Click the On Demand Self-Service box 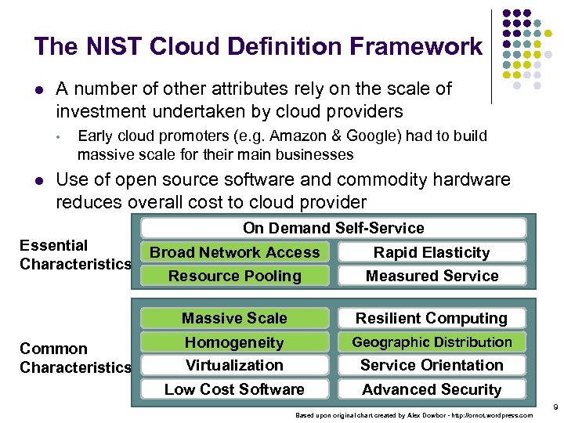[x=333, y=228]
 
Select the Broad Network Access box [x=235, y=252]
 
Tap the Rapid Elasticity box [x=432, y=252]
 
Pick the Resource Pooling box [x=235, y=276]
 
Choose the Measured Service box [x=432, y=276]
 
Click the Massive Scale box [x=235, y=318]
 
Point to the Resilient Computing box [x=432, y=318]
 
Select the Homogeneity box [x=235, y=342]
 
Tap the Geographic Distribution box [x=432, y=342]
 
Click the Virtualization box [x=235, y=365]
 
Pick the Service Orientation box [x=432, y=365]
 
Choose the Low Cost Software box [x=235, y=389]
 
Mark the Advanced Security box [x=432, y=389]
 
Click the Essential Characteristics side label [x=74, y=255]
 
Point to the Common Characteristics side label [x=74, y=358]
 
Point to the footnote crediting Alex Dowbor [x=414, y=415]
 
